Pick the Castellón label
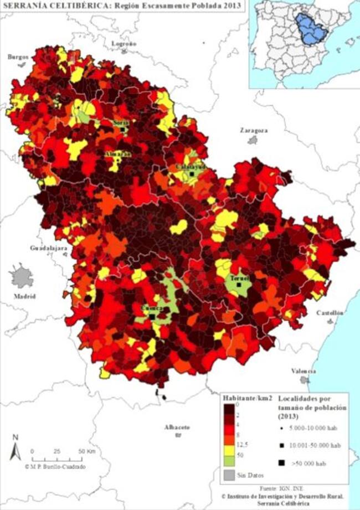[x=330, y=313]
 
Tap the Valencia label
[x=304, y=371]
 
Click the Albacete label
[x=177, y=428]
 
